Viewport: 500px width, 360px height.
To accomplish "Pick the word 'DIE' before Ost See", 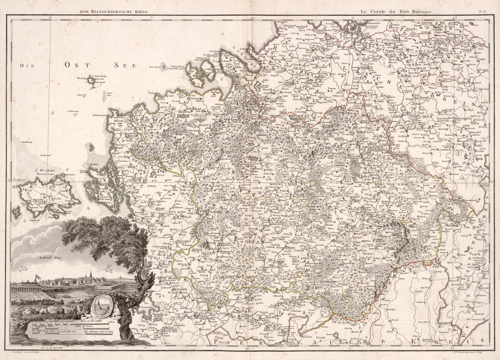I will [x=27, y=66].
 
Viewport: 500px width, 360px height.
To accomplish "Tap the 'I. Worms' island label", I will [x=45, y=171].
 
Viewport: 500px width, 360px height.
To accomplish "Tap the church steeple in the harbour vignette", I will [x=90, y=275].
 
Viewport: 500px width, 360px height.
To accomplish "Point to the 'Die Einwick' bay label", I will [x=144, y=305].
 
